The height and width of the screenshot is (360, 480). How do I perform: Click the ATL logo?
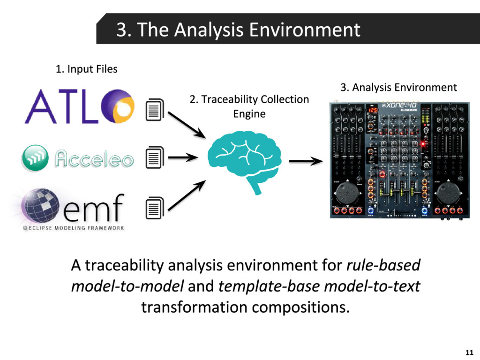(79, 106)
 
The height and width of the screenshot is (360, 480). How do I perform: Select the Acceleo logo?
(78, 158)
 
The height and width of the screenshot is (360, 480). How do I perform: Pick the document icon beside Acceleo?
(155, 157)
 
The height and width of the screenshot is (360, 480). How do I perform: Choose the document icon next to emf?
(155, 208)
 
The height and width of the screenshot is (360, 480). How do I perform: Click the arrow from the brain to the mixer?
(306, 162)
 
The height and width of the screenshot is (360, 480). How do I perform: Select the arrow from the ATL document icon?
(187, 124)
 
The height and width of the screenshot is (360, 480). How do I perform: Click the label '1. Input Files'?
(86, 69)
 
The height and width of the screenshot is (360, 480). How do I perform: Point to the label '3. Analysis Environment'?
(398, 87)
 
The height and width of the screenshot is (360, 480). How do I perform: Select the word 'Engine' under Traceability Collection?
(249, 114)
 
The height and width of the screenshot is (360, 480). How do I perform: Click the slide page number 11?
(468, 352)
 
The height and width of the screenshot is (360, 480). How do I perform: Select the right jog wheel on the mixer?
(449, 193)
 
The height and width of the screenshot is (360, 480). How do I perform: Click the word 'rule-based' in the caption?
(383, 265)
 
